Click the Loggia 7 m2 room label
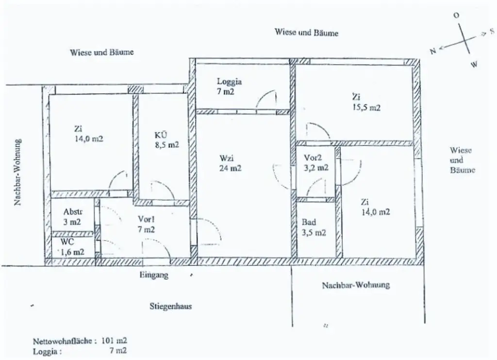coord(229,86)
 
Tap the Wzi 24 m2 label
coord(230,163)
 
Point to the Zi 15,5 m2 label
coord(366,103)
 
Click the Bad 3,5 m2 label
coord(314,227)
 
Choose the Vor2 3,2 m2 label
coord(316,163)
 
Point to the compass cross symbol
coord(464,40)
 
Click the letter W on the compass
coord(474,64)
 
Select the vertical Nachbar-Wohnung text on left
coord(18,172)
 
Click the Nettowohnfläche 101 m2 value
coord(115,341)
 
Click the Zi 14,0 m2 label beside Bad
coord(375,207)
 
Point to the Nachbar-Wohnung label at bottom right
coord(356,285)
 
